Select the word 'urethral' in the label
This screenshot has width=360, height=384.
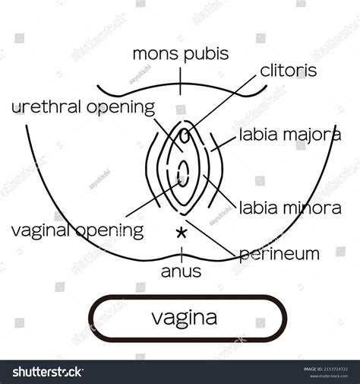[x=45, y=106]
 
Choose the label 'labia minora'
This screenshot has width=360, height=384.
[x=289, y=207]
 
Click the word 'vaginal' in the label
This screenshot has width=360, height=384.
[x=37, y=229]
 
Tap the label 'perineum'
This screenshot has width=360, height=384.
[x=279, y=254]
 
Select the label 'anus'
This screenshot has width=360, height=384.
[x=181, y=269]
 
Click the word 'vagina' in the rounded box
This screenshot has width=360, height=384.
[x=188, y=316]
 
